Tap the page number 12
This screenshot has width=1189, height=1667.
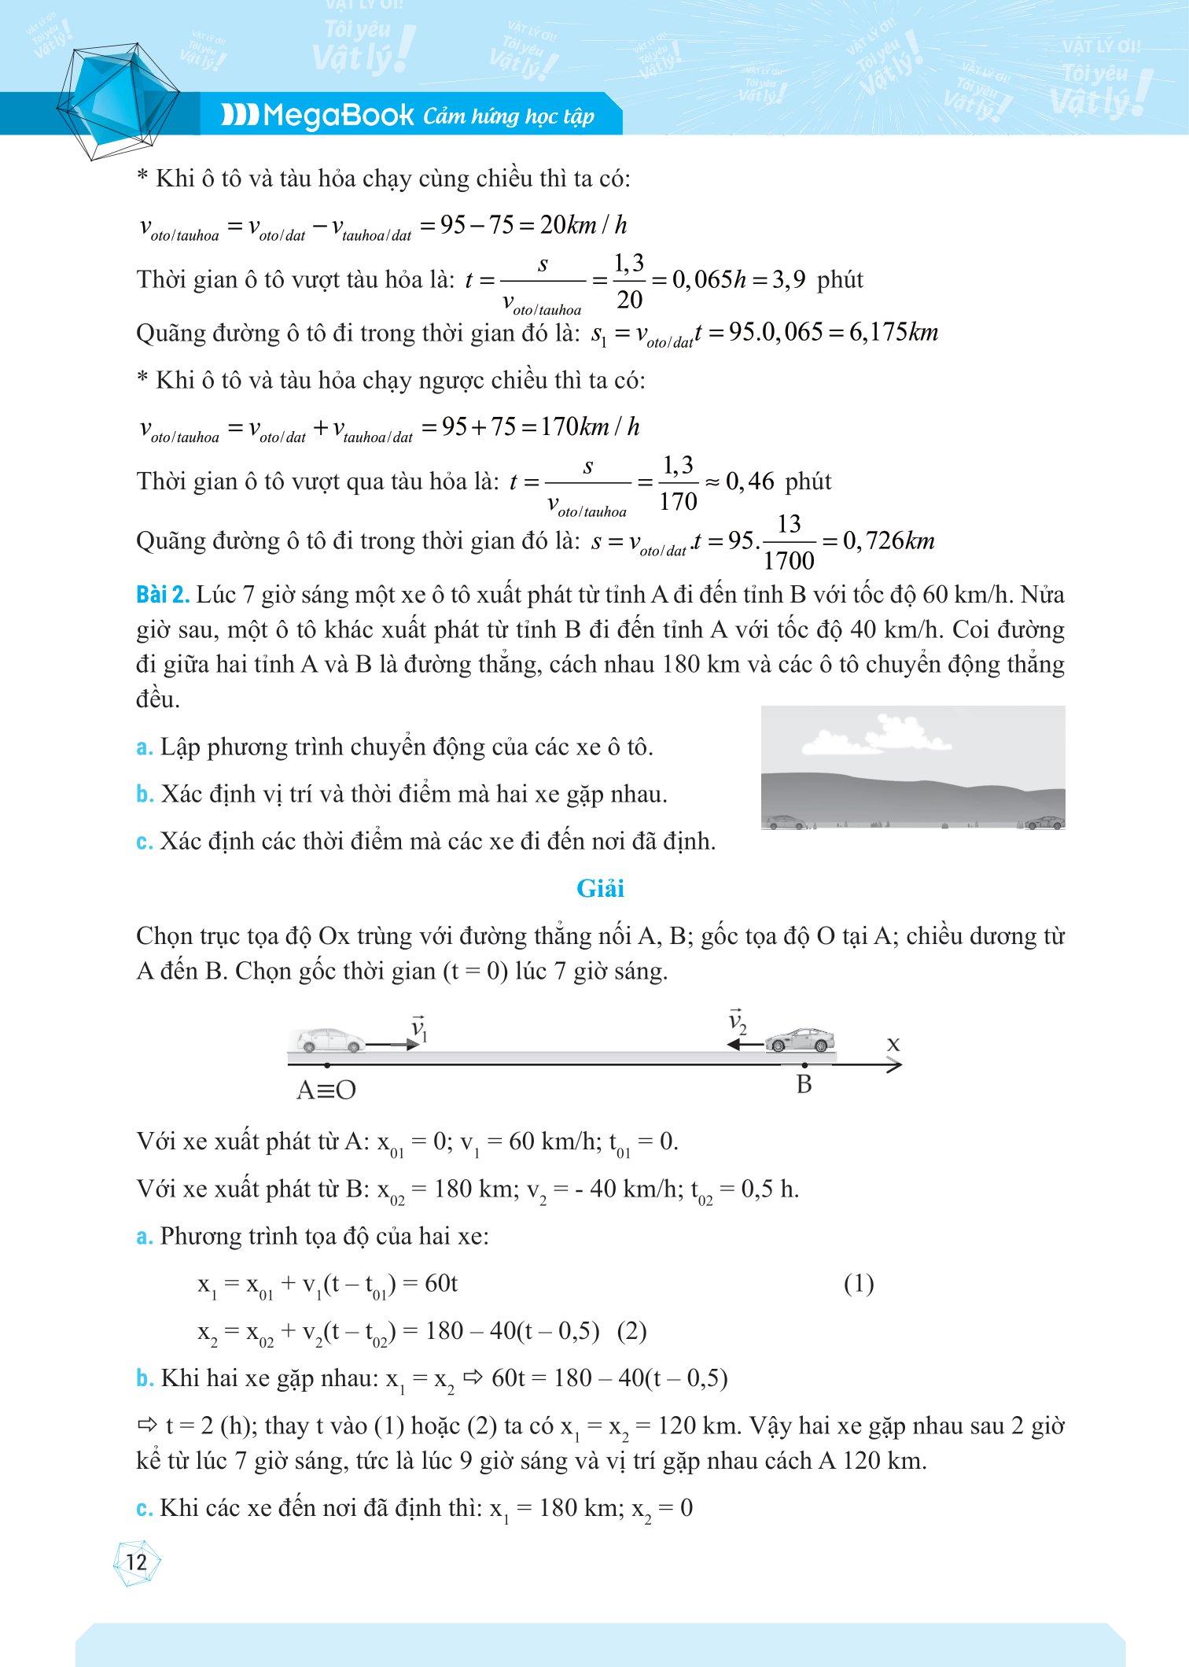[x=137, y=1562]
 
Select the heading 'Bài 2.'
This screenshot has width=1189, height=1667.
[x=163, y=596]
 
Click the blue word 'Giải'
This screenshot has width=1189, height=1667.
[x=600, y=889]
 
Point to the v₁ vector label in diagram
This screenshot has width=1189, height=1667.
[x=418, y=1029]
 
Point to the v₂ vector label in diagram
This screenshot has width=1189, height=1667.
[x=737, y=1022]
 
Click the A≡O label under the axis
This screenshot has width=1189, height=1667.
[x=326, y=1090]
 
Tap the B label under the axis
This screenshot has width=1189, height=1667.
[x=803, y=1085]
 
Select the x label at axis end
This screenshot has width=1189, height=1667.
[x=893, y=1044]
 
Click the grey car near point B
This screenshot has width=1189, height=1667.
[x=801, y=1040]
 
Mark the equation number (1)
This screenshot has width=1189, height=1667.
[x=859, y=1285]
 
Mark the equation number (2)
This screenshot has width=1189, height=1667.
[x=631, y=1331]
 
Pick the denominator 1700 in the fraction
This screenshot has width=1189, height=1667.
[x=789, y=561]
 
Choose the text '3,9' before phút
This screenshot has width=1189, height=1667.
[x=787, y=280]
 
